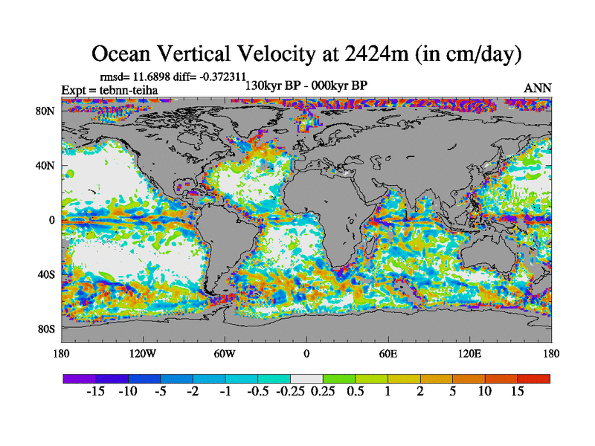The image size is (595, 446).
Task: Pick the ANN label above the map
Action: coord(538,88)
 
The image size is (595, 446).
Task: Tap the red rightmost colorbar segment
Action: coord(534,378)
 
